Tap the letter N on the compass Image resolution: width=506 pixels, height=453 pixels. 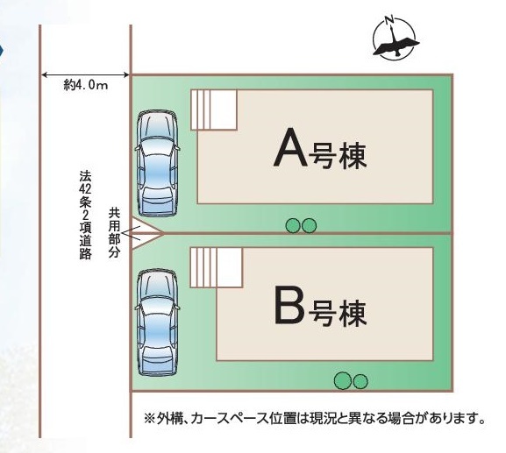[390, 20]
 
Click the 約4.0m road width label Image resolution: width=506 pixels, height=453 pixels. [86, 85]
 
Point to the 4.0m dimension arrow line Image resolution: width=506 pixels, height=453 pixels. [86, 75]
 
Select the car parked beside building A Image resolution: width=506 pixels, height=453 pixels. [157, 164]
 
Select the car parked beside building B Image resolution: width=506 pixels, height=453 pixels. [158, 323]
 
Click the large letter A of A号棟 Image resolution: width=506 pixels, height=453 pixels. [290, 147]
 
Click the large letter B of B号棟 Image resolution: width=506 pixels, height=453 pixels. [289, 304]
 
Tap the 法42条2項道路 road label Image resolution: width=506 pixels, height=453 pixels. [86, 215]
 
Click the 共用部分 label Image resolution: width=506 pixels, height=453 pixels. [114, 232]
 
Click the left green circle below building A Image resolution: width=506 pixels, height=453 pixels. [293, 226]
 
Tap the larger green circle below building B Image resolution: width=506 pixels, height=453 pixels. [343, 381]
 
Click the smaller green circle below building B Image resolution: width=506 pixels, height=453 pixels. [360, 382]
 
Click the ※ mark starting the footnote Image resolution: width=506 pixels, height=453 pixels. [149, 419]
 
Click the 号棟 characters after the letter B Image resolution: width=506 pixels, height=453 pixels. [338, 313]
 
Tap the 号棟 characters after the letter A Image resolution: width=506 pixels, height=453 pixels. [338, 156]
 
